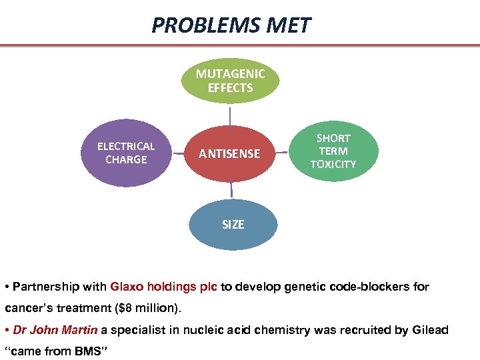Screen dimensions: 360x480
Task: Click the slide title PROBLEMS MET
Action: pos(231,25)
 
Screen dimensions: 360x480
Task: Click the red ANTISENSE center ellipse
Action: pos(230,153)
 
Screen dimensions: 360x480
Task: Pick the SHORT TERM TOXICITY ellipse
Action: pos(333,151)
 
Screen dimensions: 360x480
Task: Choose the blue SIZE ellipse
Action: pos(233,225)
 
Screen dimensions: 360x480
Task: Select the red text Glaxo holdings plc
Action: pos(163,287)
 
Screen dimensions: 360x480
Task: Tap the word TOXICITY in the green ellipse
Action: pos(333,164)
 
